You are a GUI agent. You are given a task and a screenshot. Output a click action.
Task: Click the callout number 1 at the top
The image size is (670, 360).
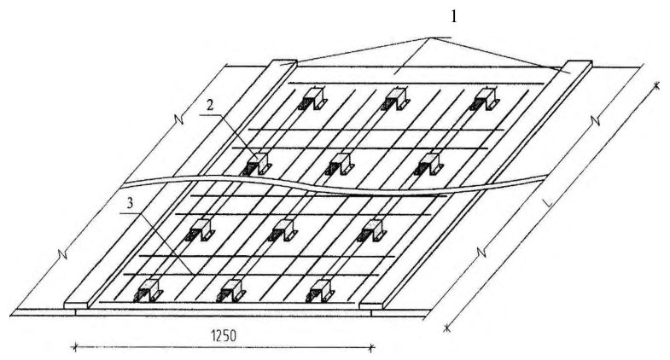click(x=454, y=17)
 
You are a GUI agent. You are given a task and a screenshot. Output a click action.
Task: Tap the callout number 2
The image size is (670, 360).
click(x=210, y=106)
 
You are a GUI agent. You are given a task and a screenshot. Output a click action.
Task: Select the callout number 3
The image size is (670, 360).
click(x=131, y=203)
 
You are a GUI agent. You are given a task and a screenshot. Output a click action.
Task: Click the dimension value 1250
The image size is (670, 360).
click(x=224, y=335)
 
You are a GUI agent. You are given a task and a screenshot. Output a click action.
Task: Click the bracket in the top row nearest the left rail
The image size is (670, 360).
click(x=312, y=99)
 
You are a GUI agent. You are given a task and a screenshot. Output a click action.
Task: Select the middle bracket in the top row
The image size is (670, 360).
click(x=396, y=99)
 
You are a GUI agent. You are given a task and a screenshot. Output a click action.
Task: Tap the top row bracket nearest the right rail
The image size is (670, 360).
click(x=486, y=99)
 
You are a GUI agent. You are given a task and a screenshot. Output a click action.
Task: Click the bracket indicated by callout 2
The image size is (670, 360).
click(x=258, y=164)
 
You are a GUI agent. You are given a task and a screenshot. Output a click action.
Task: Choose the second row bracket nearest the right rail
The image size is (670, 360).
click(x=429, y=164)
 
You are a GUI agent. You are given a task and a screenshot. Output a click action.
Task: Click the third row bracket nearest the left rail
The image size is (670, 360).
click(x=200, y=230)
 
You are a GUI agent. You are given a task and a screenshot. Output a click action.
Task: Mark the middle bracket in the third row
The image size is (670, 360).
click(x=283, y=230)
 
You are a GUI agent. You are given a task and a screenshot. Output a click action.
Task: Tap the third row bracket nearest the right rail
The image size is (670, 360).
click(x=373, y=230)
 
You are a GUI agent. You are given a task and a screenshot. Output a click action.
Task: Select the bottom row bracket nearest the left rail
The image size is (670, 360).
click(x=149, y=291)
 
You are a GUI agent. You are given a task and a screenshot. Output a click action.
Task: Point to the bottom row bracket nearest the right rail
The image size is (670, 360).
click(x=321, y=291)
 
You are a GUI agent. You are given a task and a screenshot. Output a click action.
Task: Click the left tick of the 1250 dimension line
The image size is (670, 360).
click(x=75, y=346)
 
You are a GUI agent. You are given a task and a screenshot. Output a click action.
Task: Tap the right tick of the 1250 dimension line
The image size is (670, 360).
click(x=372, y=347)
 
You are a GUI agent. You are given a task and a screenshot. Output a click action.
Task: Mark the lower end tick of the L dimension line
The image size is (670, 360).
click(x=446, y=328)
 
